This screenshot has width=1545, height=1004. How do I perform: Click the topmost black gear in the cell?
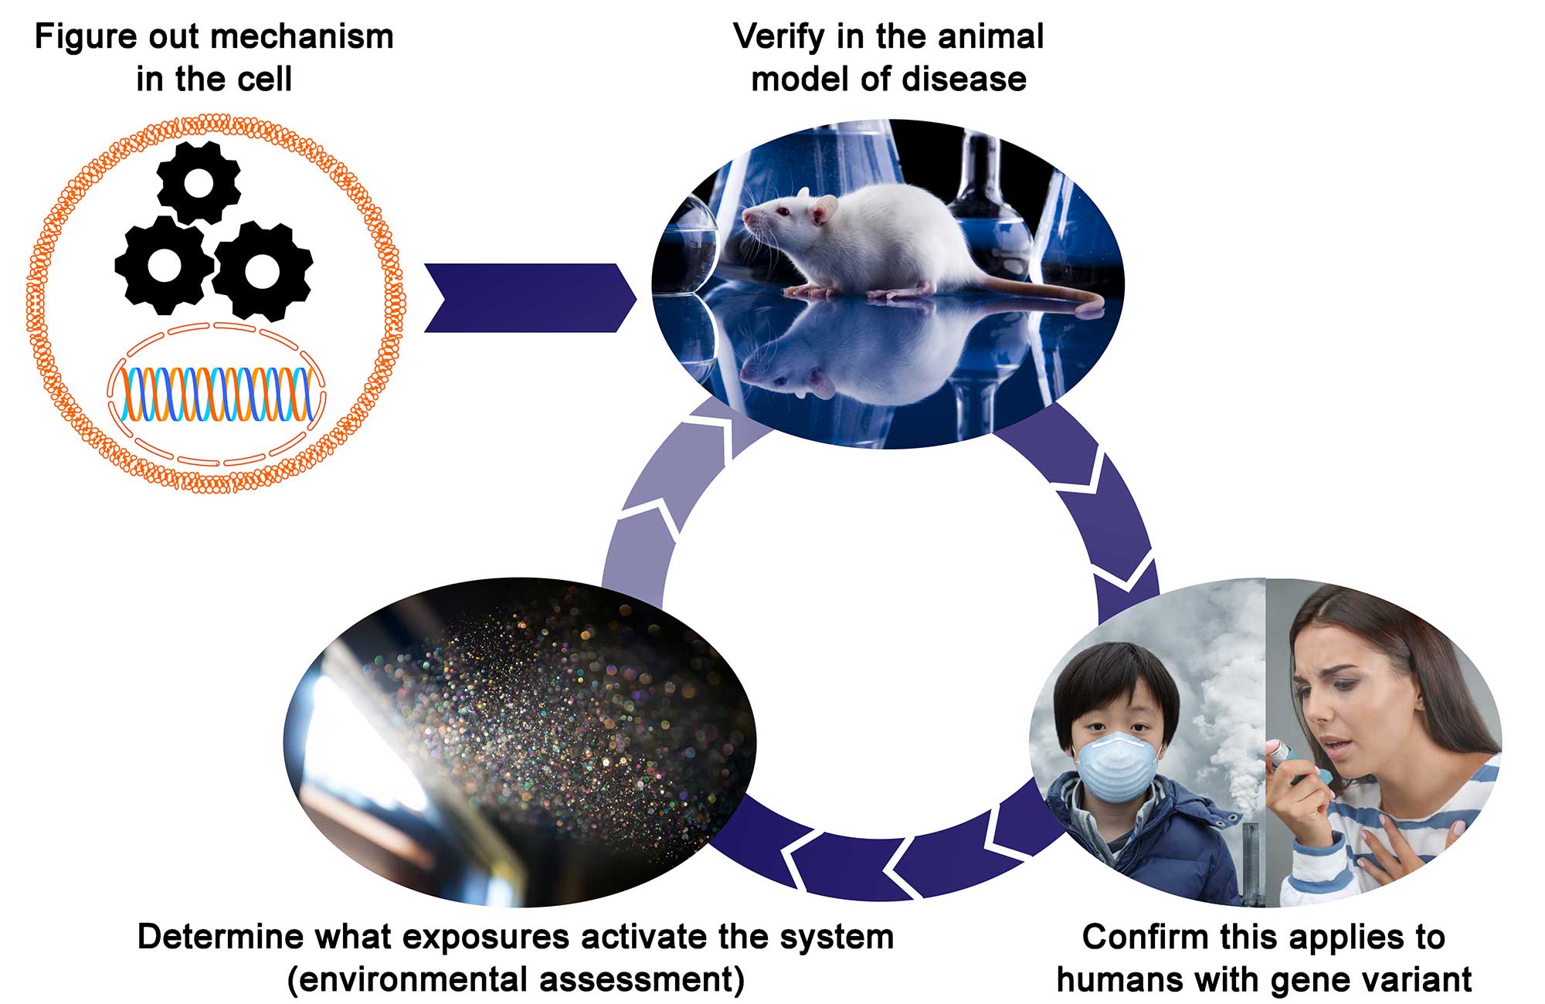pos(199,183)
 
